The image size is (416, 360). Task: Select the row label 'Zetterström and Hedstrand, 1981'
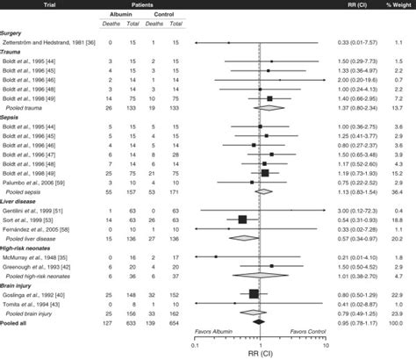pos(58,41)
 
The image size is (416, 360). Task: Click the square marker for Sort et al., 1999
pos(242,220)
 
